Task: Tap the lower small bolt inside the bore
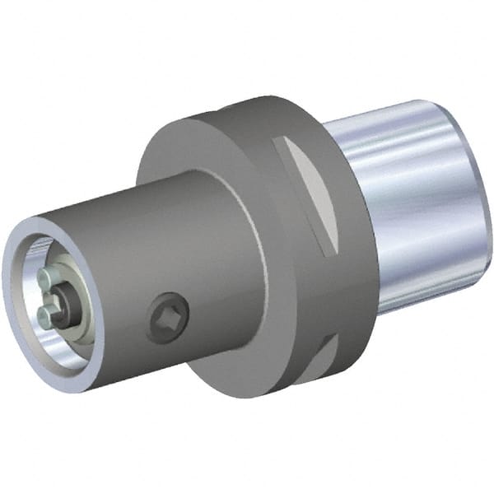46,313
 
